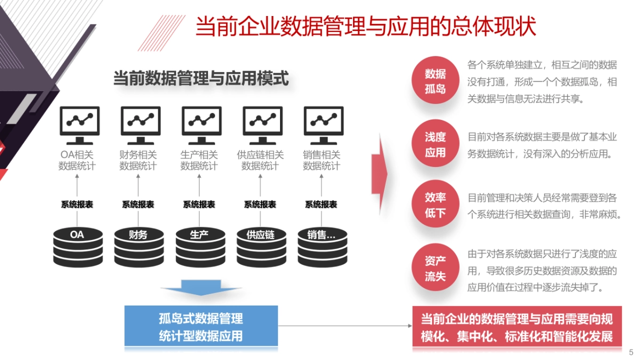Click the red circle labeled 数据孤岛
click(435, 81)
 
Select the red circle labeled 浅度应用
click(435, 144)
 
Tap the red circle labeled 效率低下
click(435, 205)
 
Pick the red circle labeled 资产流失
click(435, 269)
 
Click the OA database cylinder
click(77, 246)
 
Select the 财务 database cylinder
click(139, 246)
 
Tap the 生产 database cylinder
click(199, 246)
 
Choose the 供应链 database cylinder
click(261, 246)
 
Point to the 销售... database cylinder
click(322, 246)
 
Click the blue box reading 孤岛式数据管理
click(201, 326)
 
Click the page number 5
click(631, 352)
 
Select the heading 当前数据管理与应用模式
click(201, 79)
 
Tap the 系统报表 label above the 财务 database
click(138, 204)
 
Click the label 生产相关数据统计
click(199, 160)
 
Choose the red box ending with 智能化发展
click(517, 327)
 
